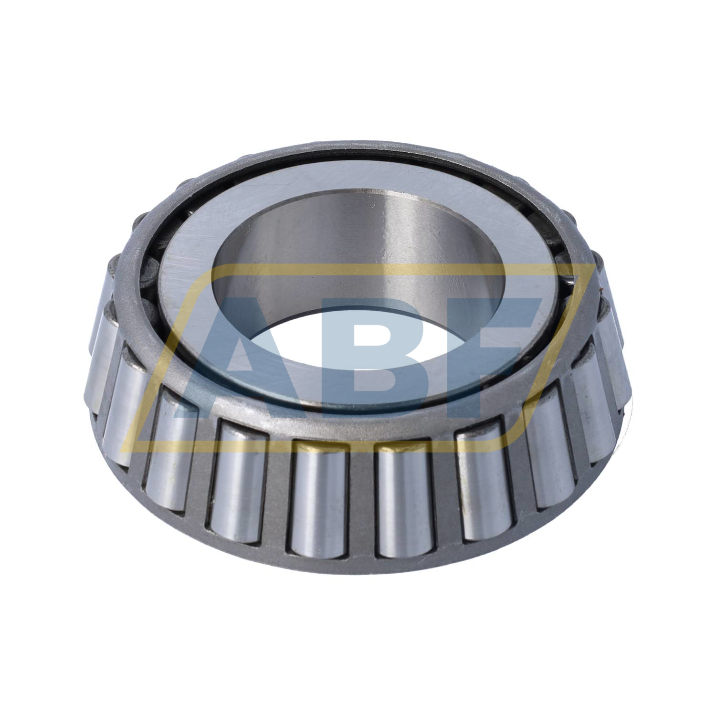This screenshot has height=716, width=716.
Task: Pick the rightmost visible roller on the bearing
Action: pos(616,363)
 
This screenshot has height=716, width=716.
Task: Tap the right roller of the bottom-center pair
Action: pos(404,496)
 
